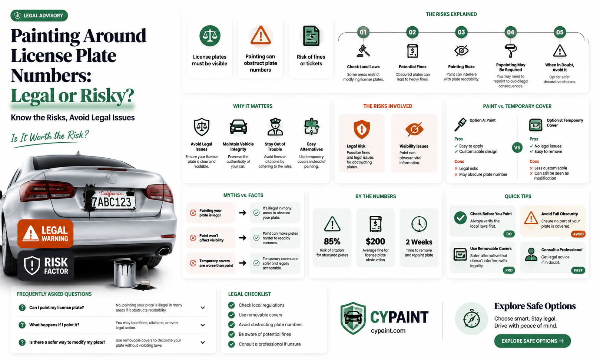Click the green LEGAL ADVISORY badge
[39, 16]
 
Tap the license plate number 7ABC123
[112, 202]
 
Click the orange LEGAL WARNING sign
[45, 234]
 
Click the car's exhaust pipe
[164, 252]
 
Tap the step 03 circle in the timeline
[461, 32]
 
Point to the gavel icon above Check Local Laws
[363, 51]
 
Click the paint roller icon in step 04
[511, 51]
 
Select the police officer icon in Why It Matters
[275, 126]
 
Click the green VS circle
[517, 148]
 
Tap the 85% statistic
[332, 241]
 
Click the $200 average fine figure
[375, 241]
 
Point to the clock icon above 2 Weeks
[419, 224]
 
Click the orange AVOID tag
[578, 234]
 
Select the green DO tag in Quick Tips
[509, 234]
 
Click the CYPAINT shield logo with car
[353, 318]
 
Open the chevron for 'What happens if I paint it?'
[203, 325]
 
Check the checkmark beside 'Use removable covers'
[231, 315]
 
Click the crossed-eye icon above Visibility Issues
[414, 129]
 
